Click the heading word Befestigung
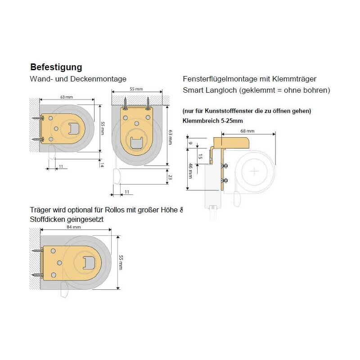[56, 67]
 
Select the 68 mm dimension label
[247, 131]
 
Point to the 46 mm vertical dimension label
[190, 171]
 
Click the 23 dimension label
[170, 177]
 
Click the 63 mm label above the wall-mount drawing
[67, 97]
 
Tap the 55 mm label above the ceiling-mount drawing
[136, 89]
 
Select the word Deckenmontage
[98, 79]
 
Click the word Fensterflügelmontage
[220, 79]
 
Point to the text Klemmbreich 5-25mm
[212, 121]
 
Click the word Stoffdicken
[47, 219]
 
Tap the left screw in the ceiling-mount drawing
[126, 104]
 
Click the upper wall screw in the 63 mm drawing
[38, 118]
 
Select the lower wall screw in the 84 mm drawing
[38, 274]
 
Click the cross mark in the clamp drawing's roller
[254, 171]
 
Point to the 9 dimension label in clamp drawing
[190, 143]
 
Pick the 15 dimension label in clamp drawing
[200, 157]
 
